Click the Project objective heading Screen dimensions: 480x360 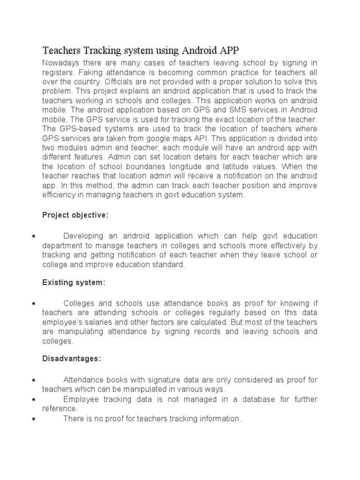(x=75, y=215)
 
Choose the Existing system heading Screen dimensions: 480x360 (x=74, y=283)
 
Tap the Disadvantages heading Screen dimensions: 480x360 (x=71, y=358)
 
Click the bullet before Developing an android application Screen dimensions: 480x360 (x=34, y=236)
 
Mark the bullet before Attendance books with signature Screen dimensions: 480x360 (x=34, y=379)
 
